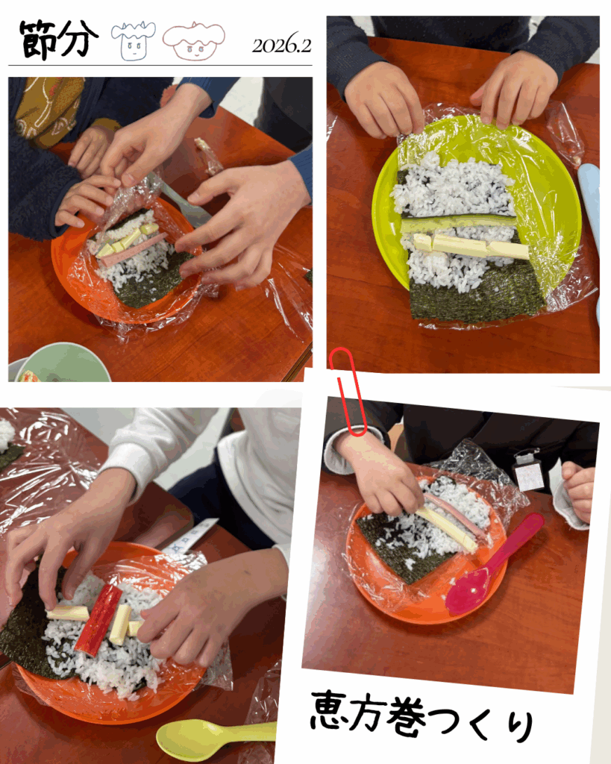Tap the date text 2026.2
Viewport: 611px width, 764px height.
pos(281,46)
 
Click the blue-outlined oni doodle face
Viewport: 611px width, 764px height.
pos(133,41)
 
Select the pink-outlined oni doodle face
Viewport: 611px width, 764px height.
pos(194,41)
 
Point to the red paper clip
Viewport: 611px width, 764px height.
pos(347,389)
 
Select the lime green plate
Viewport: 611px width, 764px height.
pos(476,204)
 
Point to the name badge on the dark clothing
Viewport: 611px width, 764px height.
pos(527,472)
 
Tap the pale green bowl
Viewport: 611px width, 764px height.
pos(61,363)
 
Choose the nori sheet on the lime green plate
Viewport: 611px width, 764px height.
pos(475,295)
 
